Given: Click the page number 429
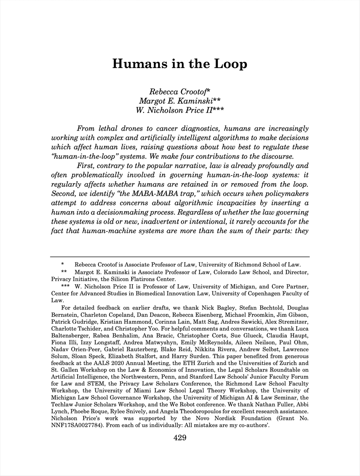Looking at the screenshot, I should tap(180, 438).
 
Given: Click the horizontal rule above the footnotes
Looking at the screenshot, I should tap(180, 257).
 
